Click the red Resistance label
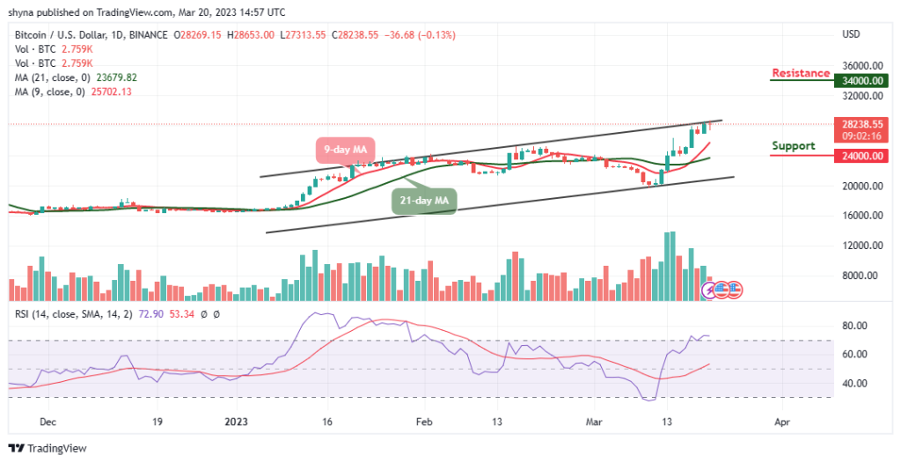click(x=801, y=73)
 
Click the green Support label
click(x=793, y=145)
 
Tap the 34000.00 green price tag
click(x=863, y=81)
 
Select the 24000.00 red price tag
click(x=863, y=156)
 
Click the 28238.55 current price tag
click(x=863, y=124)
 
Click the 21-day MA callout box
click(x=424, y=201)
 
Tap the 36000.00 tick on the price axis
click(x=862, y=66)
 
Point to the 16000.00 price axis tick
click(x=862, y=216)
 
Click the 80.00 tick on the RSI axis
click(x=857, y=326)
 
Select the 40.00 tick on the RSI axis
click(x=857, y=384)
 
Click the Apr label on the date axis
click(x=782, y=422)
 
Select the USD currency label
click(x=851, y=34)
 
